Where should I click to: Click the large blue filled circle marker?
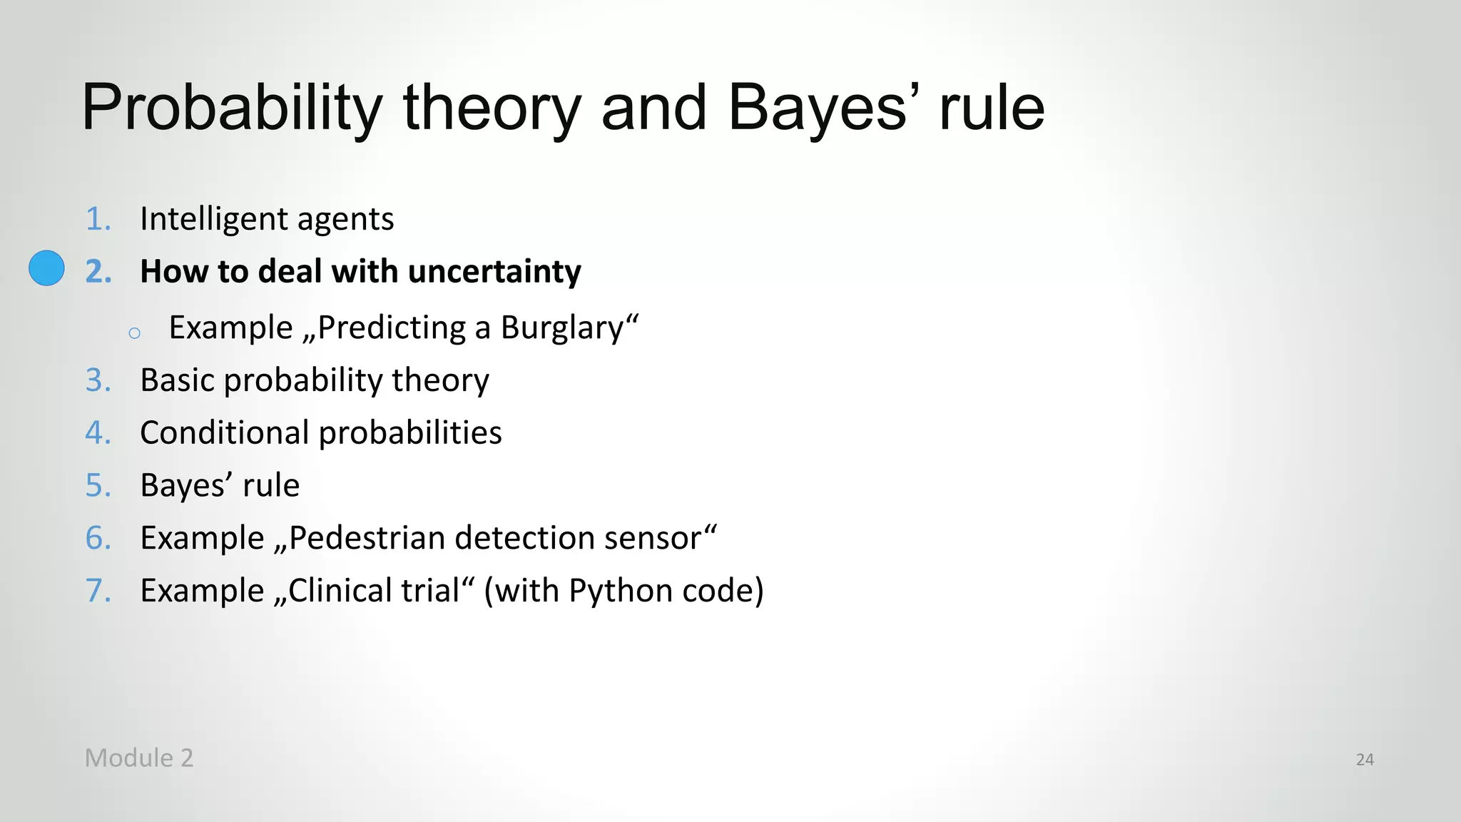click(46, 268)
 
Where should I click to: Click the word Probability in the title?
click(233, 108)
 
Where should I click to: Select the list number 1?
click(98, 219)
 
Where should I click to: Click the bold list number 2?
click(98, 272)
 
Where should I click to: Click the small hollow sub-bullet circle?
click(134, 333)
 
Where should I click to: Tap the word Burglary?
click(562, 328)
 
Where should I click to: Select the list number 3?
click(98, 380)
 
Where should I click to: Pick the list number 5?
click(98, 486)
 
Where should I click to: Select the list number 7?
click(98, 592)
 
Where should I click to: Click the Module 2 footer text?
click(139, 758)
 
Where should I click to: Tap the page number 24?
click(1365, 760)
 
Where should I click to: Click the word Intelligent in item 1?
click(213, 219)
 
